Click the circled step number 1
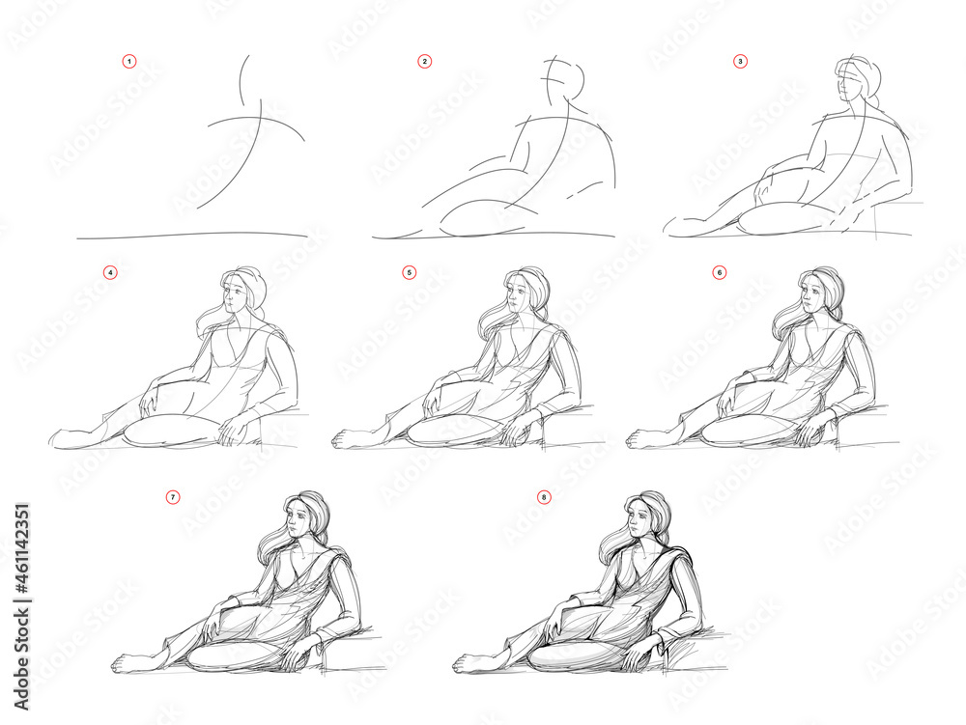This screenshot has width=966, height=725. click(x=129, y=61)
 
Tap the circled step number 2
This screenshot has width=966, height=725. click(x=424, y=61)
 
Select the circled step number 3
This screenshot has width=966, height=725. click(x=740, y=61)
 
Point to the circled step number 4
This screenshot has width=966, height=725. click(x=111, y=272)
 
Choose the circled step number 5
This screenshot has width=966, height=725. click(x=409, y=272)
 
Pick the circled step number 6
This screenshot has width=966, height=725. click(x=719, y=272)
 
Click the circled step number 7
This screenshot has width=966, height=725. click(x=173, y=497)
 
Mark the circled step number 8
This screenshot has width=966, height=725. click(x=544, y=497)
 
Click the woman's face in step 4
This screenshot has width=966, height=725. click(x=234, y=293)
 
